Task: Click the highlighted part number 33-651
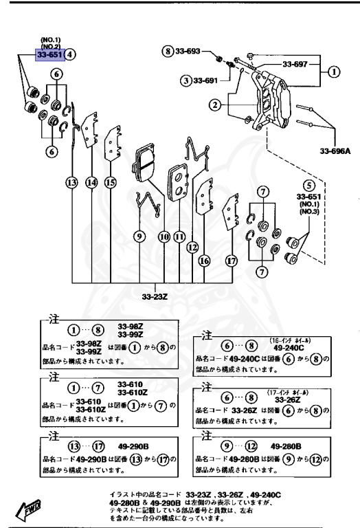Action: [50, 55]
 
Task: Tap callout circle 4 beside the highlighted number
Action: [71, 55]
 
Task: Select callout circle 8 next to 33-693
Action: [168, 52]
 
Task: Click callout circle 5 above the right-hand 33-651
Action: [310, 185]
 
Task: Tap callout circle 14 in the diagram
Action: [92, 182]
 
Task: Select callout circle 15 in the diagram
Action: [111, 182]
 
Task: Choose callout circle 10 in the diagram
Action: [164, 236]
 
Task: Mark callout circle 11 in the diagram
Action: [179, 236]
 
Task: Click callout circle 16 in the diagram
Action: [204, 261]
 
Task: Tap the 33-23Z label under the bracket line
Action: [155, 297]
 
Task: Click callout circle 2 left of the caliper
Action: [215, 105]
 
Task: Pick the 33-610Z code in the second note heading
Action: [131, 392]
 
